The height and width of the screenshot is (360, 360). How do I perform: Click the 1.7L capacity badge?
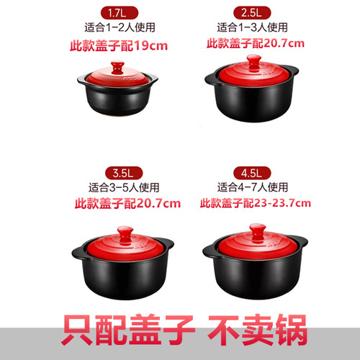pyautogui.click(x=118, y=12)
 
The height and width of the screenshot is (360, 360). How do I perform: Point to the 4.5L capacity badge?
pyautogui.click(x=253, y=173)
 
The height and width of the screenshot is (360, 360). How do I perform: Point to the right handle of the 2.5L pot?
pyautogui.click(x=293, y=71)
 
